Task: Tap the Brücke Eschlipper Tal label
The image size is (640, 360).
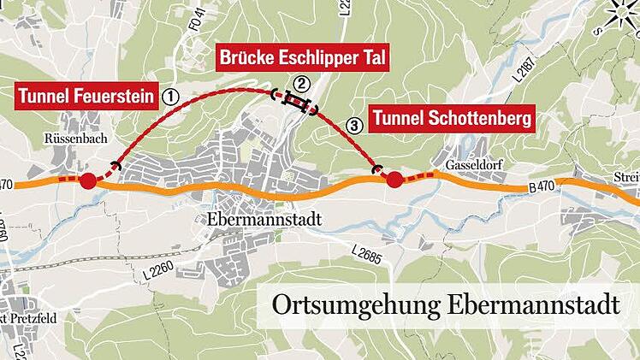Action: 304,59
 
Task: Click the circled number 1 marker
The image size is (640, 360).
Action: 170,96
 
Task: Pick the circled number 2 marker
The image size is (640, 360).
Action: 300,83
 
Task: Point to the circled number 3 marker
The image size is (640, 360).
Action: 355,127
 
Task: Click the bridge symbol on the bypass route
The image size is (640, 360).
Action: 295,103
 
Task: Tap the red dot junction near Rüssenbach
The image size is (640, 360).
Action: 87,180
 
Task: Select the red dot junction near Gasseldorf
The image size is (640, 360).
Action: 394,180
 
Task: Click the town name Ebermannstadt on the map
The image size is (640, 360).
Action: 264,219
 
